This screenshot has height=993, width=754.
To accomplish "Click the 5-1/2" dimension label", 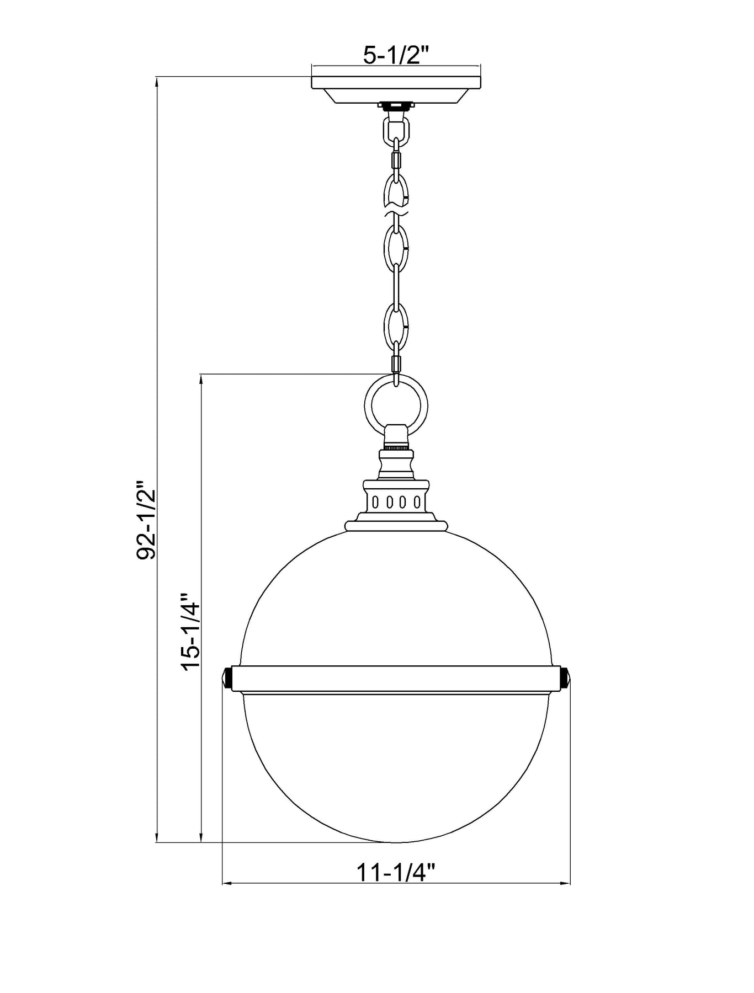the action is tap(396, 55).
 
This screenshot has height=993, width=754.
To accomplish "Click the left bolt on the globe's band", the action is tap(227, 678).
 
